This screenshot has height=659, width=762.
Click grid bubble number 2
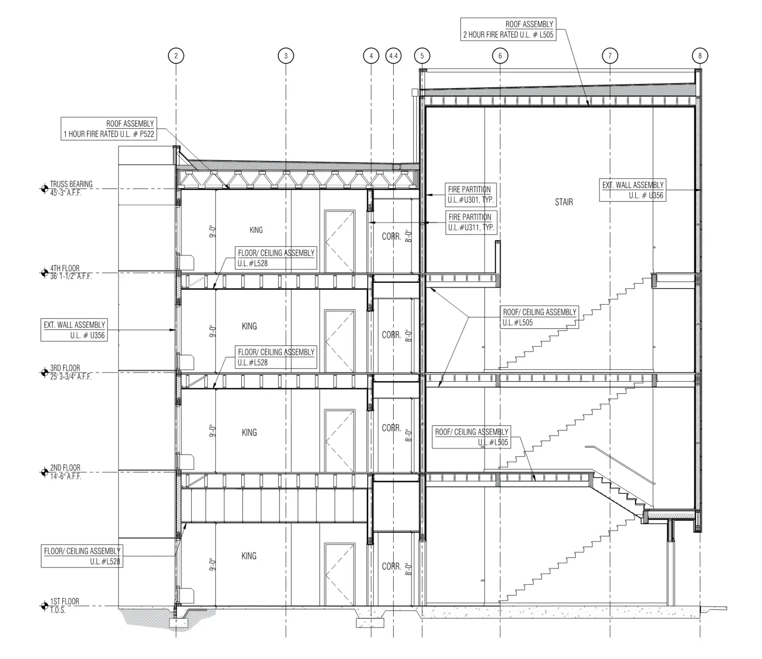coord(176,56)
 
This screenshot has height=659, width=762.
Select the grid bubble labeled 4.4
coord(393,56)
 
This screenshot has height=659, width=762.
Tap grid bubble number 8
coord(700,56)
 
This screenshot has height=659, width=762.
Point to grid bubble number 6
coord(500,56)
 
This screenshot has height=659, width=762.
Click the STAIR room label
coord(564,202)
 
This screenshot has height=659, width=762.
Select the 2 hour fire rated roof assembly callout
coord(508,29)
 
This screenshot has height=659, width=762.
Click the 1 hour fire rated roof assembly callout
coord(109,129)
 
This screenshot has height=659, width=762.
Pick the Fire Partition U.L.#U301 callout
coord(471,195)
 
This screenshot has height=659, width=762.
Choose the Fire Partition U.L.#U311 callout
coord(471,222)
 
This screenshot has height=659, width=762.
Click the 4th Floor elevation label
coord(71,272)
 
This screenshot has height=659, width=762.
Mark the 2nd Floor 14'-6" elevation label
coord(65,472)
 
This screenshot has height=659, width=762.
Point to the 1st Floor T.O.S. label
coord(64,606)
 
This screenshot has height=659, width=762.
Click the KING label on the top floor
coord(256,230)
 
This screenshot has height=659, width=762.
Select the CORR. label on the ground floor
coord(392,566)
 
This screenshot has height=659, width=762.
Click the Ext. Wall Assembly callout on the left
coord(74,330)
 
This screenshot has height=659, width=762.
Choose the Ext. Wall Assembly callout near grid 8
coord(633,190)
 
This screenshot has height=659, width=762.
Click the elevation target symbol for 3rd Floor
coord(44,372)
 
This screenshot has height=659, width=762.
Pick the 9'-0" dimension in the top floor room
coord(212,231)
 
